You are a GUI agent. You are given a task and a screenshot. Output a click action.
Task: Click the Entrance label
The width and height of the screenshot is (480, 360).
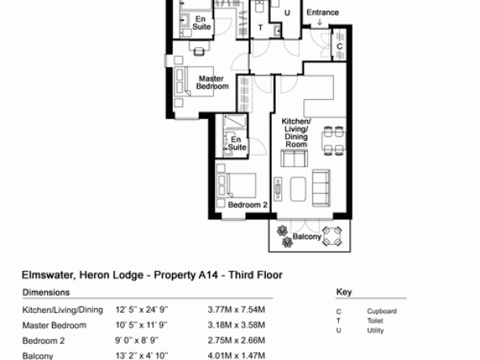(323, 12)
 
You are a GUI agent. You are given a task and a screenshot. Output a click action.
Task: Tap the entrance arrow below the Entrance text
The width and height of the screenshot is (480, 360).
(320, 22)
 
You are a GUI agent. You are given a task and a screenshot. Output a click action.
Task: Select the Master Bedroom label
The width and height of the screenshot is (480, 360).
(212, 83)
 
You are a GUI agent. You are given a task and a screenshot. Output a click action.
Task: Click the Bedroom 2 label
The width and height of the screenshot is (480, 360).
(247, 205)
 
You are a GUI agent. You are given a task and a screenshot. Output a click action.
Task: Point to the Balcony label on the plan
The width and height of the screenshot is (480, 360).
(306, 237)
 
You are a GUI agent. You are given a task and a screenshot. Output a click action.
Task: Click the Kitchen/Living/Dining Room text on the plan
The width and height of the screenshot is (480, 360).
(296, 132)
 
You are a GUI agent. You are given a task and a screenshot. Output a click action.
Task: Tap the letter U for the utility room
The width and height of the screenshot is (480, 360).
(287, 13)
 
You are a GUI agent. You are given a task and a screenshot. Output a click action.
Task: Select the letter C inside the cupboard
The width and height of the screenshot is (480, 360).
(340, 46)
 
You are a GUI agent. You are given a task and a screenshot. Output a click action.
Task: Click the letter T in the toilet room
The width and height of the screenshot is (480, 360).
(260, 28)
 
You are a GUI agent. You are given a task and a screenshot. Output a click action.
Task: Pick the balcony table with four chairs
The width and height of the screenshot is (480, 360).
(332, 236)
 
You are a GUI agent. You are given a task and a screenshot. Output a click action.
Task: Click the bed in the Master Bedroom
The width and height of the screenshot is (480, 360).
(194, 82)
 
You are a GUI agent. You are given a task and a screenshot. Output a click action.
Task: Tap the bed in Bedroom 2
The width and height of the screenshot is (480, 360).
(236, 186)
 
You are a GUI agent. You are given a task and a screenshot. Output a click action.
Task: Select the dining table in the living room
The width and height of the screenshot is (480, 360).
(334, 141)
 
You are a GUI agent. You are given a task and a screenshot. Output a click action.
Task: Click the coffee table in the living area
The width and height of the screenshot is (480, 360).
(298, 189)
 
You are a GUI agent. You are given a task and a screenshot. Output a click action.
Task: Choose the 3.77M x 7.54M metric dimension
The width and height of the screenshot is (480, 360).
(236, 310)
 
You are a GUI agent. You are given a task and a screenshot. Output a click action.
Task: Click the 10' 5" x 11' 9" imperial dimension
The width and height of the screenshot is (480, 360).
(141, 325)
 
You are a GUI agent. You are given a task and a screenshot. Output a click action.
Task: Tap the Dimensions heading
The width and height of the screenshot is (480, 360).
(46, 293)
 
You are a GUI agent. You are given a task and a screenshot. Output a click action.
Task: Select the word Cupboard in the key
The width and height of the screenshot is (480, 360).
(382, 311)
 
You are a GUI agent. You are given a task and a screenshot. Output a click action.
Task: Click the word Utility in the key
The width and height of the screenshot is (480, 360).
(375, 331)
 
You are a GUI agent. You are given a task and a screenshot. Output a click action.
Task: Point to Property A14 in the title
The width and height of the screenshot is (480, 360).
(186, 275)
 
